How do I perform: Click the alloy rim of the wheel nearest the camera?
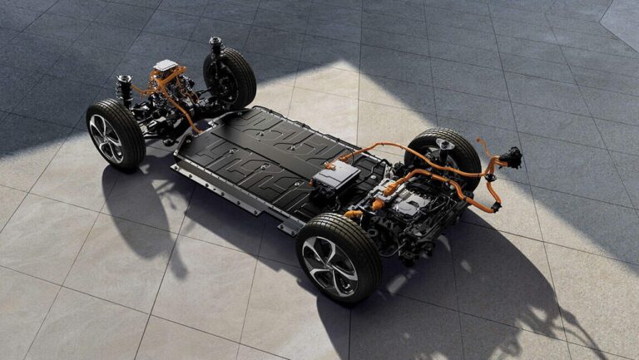click(331, 266)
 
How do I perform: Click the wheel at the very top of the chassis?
click(228, 78)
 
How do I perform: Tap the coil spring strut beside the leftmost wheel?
click(125, 90)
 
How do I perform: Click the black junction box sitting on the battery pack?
click(336, 176)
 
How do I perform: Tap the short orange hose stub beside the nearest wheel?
click(354, 214)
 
